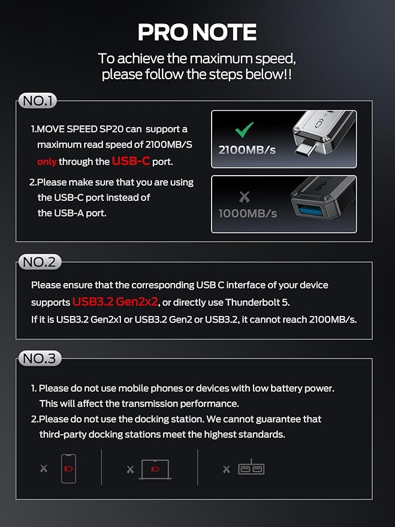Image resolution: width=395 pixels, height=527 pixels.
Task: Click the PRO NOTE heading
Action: tap(197, 32)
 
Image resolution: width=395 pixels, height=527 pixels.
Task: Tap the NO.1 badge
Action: tap(38, 101)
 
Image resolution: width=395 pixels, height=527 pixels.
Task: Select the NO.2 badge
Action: tap(40, 262)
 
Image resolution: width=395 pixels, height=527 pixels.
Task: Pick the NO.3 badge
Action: tap(40, 359)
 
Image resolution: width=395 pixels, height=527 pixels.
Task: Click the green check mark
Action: tap(244, 130)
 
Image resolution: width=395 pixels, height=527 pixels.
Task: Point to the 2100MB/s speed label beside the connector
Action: tap(247, 150)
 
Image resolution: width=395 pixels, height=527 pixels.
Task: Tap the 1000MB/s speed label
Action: tap(248, 213)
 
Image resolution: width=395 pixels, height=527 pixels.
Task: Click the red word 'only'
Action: tap(46, 161)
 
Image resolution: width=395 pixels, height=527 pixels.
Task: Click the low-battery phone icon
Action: tap(68, 468)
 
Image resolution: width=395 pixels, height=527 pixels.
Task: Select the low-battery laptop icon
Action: tap(155, 469)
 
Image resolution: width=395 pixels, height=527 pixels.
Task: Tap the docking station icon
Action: tap(251, 468)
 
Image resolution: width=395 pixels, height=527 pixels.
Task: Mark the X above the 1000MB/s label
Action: tap(243, 197)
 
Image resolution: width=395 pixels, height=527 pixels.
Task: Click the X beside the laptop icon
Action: tap(130, 469)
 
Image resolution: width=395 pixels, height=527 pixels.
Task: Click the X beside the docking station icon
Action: tap(227, 469)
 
